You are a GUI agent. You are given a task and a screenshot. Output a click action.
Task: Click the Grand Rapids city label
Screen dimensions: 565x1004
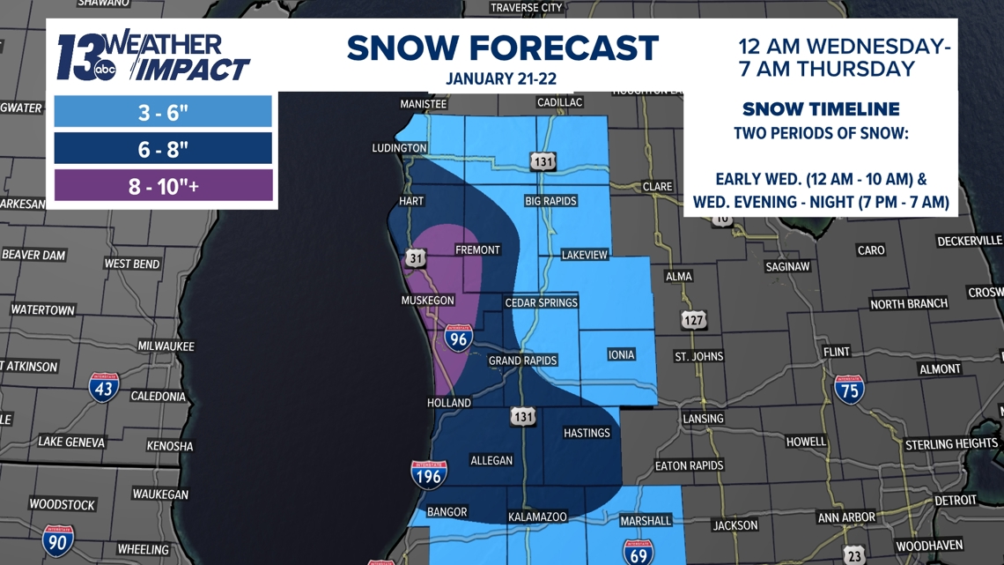[x=523, y=361]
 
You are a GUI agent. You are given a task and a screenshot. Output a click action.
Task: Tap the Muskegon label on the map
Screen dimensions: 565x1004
[x=429, y=301]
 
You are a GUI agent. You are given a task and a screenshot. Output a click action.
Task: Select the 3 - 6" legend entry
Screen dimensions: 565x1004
[x=163, y=112]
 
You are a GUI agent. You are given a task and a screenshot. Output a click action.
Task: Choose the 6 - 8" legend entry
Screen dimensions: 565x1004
[x=163, y=149]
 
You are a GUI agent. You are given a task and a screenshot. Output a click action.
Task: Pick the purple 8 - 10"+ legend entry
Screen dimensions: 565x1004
[x=163, y=186]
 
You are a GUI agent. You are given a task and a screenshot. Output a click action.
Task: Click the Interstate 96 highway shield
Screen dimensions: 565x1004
[x=458, y=338]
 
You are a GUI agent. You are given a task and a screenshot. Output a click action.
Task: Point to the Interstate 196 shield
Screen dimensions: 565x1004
[x=428, y=474]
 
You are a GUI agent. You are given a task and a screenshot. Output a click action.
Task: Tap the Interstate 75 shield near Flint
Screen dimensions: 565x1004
[x=849, y=389]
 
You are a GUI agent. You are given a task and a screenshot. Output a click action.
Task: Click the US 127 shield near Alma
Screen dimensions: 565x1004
[x=694, y=320]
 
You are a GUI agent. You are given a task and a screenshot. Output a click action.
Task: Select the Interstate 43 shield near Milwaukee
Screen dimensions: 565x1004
[x=104, y=387]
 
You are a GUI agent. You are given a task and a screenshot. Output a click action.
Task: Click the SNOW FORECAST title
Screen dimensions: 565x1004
[x=503, y=48]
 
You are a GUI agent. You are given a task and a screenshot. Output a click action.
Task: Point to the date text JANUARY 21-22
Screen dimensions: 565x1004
[x=501, y=78]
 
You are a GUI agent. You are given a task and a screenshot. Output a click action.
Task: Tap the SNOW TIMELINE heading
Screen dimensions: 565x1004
[x=821, y=109]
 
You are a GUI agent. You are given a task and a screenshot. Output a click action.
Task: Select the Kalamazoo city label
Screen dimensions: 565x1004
[x=537, y=517]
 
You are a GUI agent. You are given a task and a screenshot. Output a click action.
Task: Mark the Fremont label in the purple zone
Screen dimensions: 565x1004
[x=477, y=249]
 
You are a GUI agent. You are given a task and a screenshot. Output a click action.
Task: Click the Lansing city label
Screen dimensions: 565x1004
[x=702, y=418]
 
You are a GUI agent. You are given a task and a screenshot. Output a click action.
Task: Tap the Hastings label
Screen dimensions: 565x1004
[x=587, y=433]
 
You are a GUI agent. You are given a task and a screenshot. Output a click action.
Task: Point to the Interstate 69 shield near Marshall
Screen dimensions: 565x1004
[x=638, y=552]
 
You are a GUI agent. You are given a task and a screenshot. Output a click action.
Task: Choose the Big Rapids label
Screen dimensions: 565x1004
[x=550, y=200]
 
